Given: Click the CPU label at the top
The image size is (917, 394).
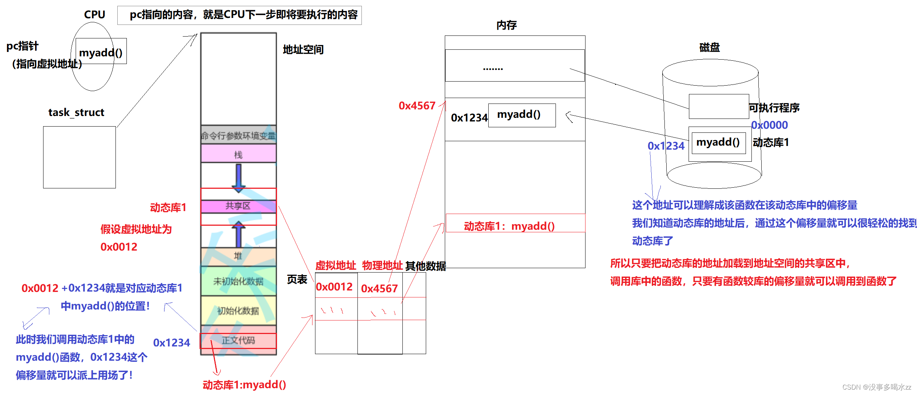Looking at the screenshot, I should tap(94, 15).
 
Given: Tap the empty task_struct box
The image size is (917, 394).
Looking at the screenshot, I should tap(79, 157).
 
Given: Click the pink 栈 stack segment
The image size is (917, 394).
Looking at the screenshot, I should tap(238, 154).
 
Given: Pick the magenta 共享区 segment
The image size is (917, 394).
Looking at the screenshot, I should tap(238, 206).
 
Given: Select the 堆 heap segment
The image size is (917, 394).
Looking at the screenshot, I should tap(238, 256).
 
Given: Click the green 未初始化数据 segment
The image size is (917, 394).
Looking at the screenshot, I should tap(238, 281).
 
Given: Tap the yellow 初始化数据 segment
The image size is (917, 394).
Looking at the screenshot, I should tap(238, 311).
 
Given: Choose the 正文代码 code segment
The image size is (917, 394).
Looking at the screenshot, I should tap(238, 340).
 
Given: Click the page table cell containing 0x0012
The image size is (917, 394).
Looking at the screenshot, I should tap(334, 287).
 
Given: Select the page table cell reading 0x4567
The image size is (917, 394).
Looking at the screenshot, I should tap(379, 288).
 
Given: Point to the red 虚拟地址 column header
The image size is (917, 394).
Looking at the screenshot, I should tap(336, 266).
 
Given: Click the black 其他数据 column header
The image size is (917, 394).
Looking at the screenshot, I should tap(426, 266).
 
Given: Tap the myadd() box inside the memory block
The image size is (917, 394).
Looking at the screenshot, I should tap(522, 115).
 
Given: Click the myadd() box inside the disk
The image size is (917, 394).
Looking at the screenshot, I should tap(718, 143).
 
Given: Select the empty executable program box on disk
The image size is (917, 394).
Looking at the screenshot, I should tap(719, 106).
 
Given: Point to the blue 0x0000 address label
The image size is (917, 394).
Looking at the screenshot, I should tap(769, 125).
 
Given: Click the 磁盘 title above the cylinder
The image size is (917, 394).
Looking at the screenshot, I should tap(709, 48).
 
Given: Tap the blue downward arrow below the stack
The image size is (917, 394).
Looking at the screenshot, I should tap(239, 178).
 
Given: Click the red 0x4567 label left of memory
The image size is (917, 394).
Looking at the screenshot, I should tap(417, 106).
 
